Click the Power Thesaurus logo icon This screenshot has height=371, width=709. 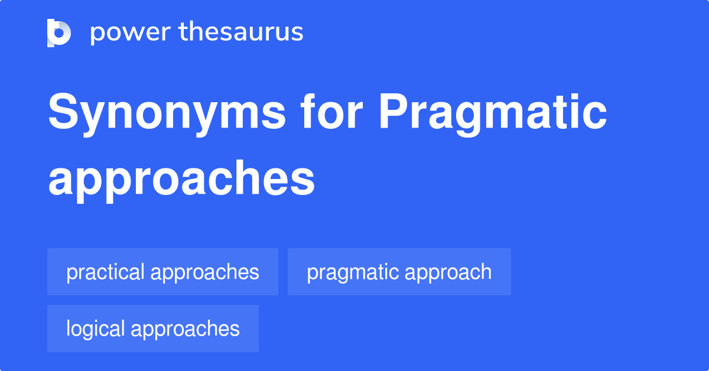point(59,32)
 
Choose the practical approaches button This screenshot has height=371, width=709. point(162,272)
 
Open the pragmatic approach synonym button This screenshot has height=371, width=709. point(399,272)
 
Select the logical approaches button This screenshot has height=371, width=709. point(152,328)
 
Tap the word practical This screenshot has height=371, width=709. point(105,272)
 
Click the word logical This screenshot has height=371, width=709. point(95,328)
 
